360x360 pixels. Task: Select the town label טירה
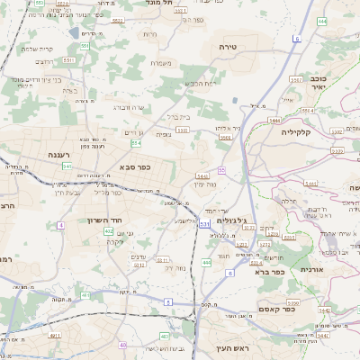tap(226, 45)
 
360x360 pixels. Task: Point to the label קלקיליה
tap(294, 131)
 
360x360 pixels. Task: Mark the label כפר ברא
tap(269, 270)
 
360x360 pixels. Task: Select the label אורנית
tap(310, 269)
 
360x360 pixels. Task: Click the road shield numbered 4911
tap(55, 335)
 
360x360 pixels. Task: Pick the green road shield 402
tap(109, 231)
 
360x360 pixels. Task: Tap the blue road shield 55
tap(221, 169)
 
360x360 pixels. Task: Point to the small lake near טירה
tap(236, 101)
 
